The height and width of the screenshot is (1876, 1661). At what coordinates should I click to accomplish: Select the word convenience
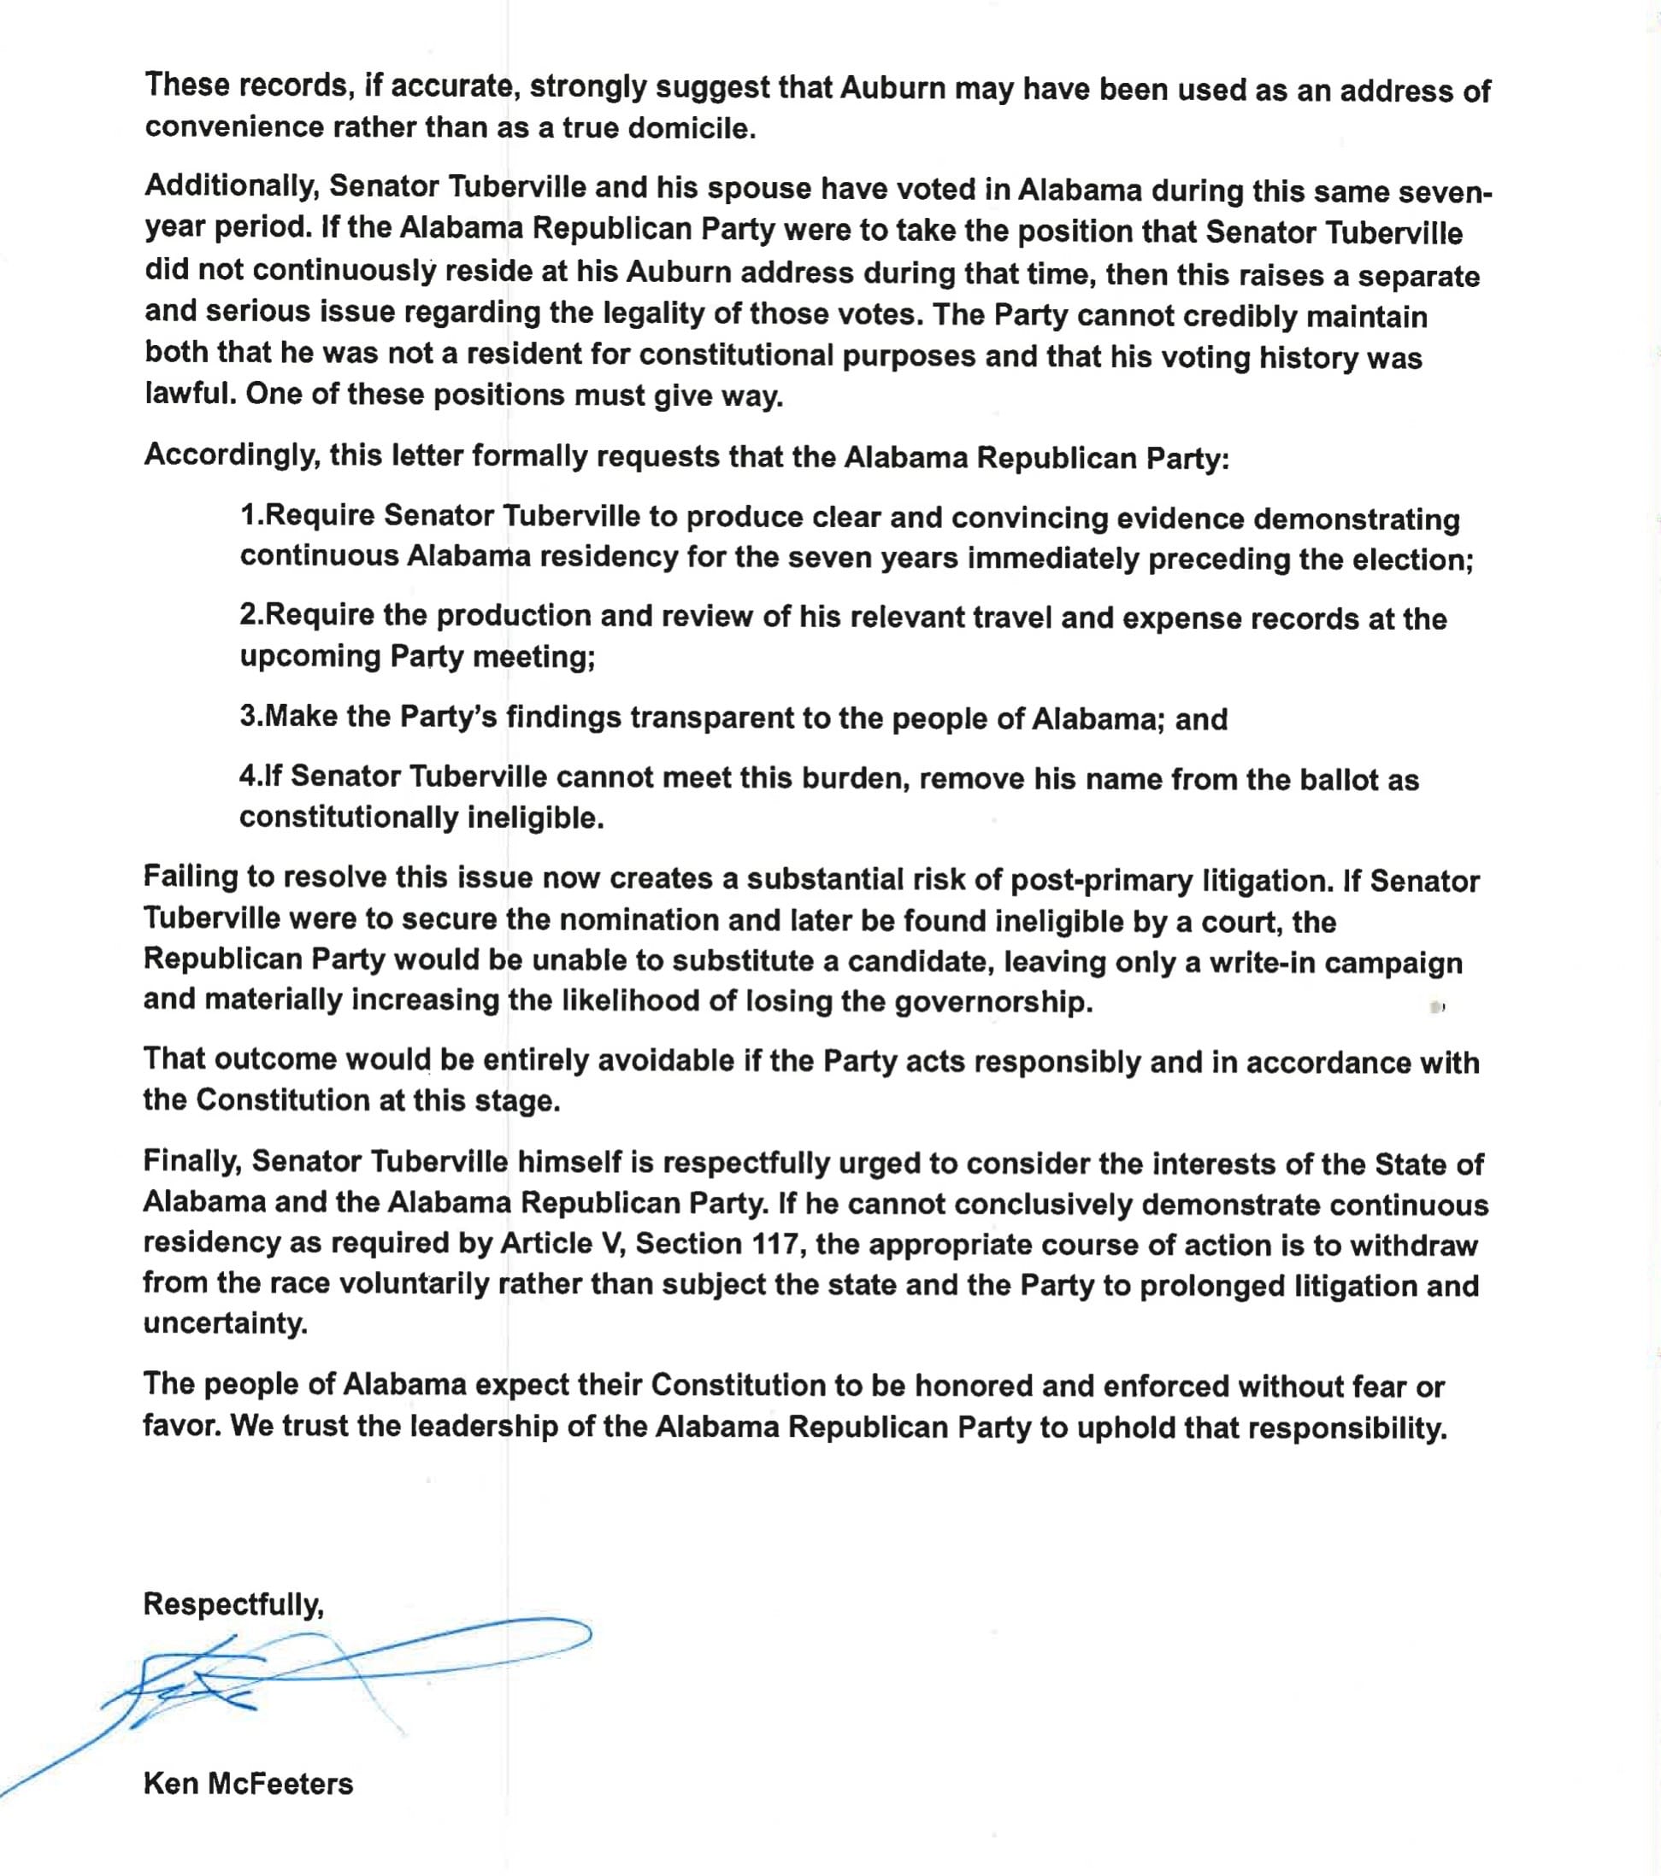pyautogui.click(x=233, y=127)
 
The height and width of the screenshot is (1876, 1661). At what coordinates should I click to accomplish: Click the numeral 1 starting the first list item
pyautogui.click(x=248, y=515)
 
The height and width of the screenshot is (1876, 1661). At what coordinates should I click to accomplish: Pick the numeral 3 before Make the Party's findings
pyautogui.click(x=248, y=716)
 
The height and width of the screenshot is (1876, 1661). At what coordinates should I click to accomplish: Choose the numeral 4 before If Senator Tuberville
pyautogui.click(x=248, y=777)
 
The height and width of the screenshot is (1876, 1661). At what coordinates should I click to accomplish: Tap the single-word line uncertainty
pyautogui.click(x=225, y=1323)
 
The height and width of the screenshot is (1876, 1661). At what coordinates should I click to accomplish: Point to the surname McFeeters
pyautogui.click(x=280, y=1782)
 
